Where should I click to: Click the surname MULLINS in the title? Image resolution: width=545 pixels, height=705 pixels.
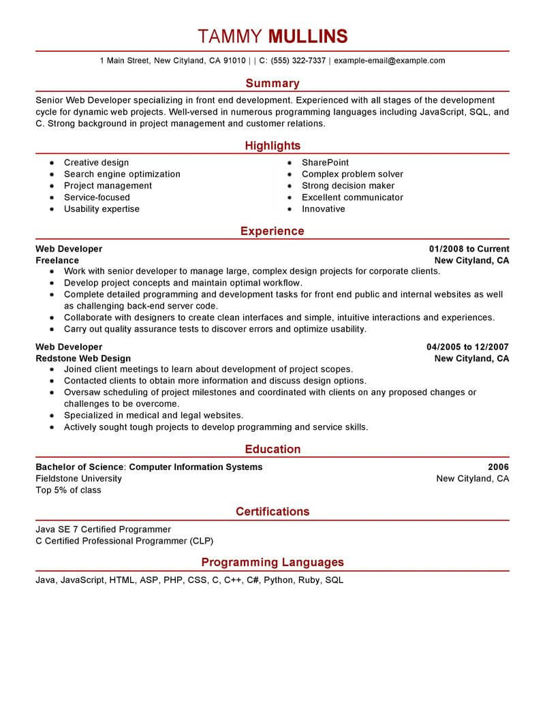[x=309, y=36]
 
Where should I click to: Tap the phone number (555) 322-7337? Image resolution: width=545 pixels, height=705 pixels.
[x=298, y=61]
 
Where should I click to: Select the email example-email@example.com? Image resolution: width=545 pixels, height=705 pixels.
[x=389, y=61]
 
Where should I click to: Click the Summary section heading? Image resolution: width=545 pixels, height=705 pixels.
[x=272, y=83]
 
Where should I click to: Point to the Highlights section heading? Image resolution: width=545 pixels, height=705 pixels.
[x=272, y=146]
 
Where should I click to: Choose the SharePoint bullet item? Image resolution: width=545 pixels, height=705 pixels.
[x=325, y=163]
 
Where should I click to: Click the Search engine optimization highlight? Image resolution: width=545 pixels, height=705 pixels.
[x=122, y=174]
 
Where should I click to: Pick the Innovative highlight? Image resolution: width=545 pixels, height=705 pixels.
[x=323, y=209]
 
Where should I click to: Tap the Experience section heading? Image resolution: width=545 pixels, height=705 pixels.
[x=272, y=232]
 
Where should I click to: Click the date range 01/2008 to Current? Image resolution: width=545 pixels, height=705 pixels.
[x=469, y=249]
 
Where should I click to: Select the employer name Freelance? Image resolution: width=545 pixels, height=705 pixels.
[x=57, y=261]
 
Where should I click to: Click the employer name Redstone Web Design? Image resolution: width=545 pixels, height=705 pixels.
[x=83, y=359]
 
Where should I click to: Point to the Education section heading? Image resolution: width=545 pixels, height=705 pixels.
[x=272, y=450]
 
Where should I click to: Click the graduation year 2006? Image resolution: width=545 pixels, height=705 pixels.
[x=498, y=467]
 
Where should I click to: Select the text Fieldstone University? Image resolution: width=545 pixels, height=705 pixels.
[x=78, y=479]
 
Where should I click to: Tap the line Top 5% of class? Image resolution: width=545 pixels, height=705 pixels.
[x=68, y=490]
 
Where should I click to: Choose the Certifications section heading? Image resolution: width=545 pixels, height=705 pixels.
[x=272, y=512]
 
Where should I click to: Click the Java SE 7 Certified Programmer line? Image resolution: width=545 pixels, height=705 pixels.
[x=103, y=529]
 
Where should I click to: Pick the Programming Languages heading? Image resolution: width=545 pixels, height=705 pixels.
[x=272, y=563]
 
